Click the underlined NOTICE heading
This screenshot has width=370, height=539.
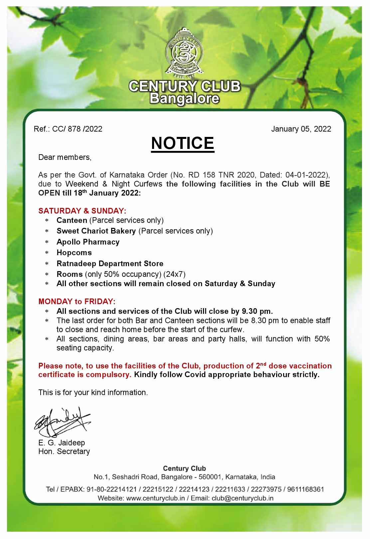[182, 143]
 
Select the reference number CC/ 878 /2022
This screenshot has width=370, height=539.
[77, 129]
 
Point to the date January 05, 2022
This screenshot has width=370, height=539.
[301, 129]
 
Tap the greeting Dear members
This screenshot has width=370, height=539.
[65, 157]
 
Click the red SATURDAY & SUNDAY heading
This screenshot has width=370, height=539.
[82, 211]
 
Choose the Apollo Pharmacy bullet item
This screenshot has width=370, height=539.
[88, 242]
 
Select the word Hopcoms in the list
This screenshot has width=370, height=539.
[74, 253]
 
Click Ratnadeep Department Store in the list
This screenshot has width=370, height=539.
[110, 264]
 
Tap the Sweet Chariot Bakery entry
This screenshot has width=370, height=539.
[96, 231]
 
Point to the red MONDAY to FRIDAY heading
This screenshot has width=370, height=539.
[77, 301]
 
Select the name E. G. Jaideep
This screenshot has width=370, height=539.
[62, 443]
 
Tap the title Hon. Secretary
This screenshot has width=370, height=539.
[64, 451]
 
